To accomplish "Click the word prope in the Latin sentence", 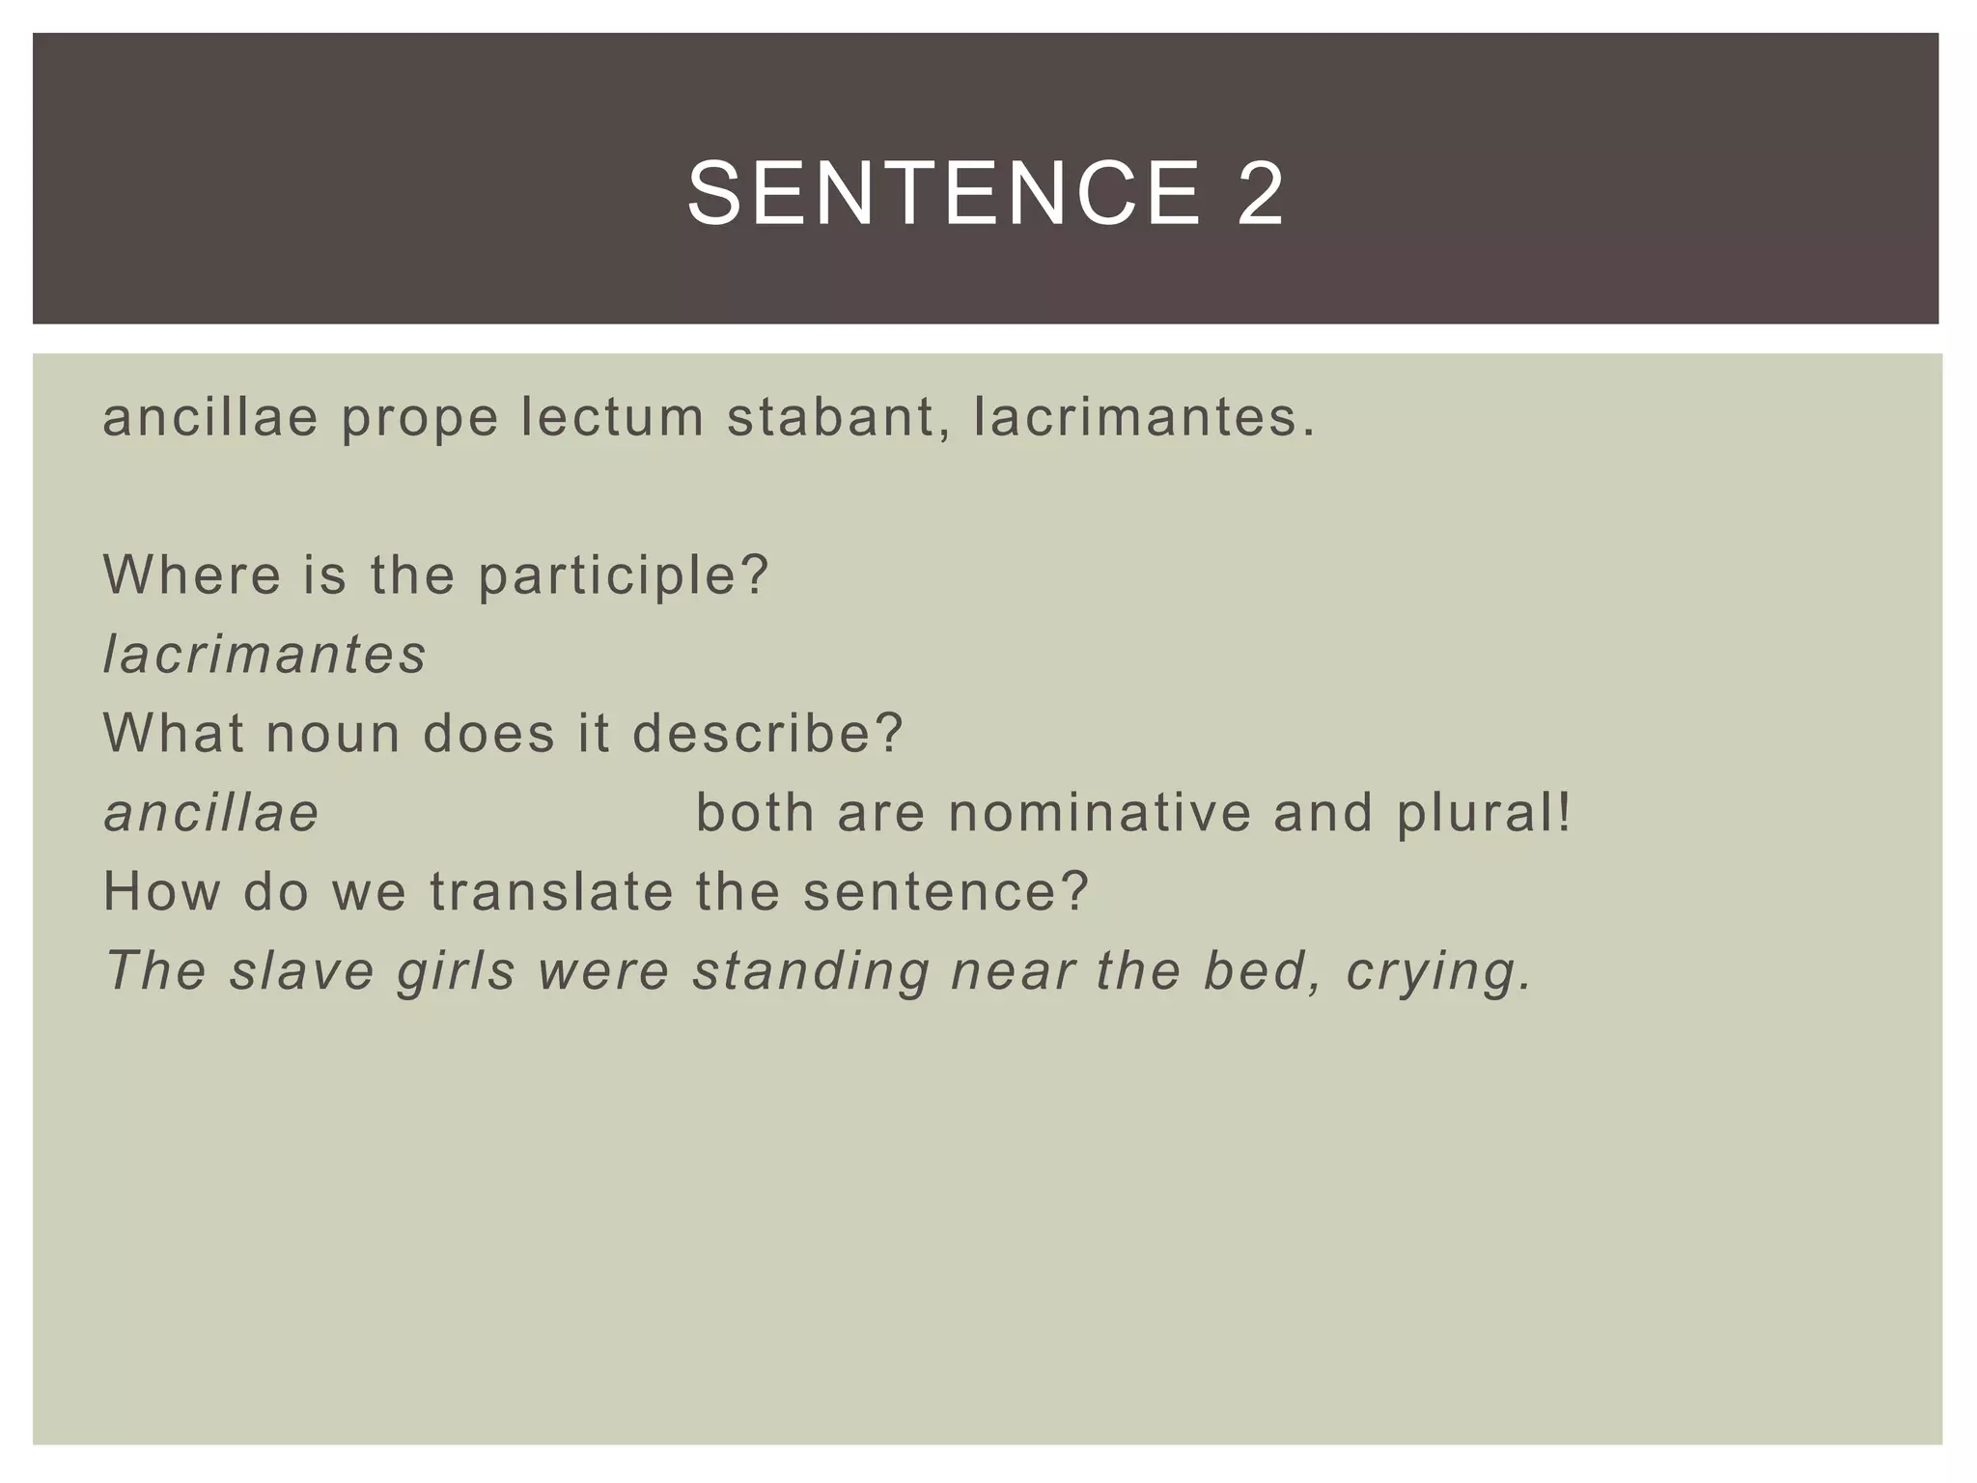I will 420,418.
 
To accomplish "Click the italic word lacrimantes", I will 265,655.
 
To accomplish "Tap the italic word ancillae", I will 211,812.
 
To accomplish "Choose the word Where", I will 191,574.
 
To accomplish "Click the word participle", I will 622,576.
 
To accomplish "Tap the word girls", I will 457,972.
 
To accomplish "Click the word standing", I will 812,970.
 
